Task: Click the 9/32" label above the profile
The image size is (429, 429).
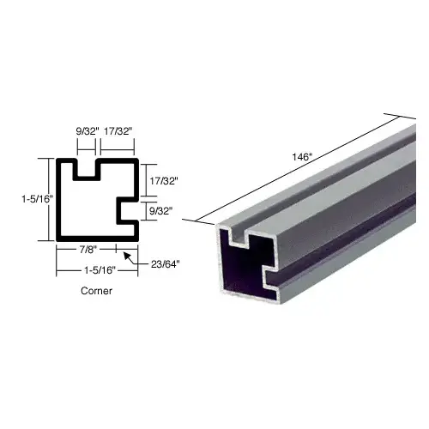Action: pyautogui.click(x=88, y=131)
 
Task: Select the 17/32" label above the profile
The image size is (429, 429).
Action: pyautogui.click(x=118, y=131)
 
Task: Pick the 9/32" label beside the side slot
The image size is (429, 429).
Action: pyautogui.click(x=161, y=211)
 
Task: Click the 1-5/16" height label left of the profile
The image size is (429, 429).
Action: pyautogui.click(x=38, y=199)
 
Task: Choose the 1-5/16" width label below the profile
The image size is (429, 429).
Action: pyautogui.click(x=100, y=270)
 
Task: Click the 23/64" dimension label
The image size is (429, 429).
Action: pyautogui.click(x=166, y=264)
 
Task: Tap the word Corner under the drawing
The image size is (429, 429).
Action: pyautogui.click(x=96, y=291)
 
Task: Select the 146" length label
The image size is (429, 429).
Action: pyautogui.click(x=301, y=157)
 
